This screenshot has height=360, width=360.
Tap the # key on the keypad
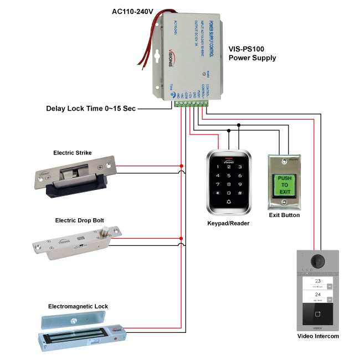click(x=240, y=193)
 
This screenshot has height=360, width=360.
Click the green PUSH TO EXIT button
click(x=284, y=185)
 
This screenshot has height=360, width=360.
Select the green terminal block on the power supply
click(x=192, y=102)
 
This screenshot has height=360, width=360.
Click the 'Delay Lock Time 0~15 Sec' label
click(x=91, y=109)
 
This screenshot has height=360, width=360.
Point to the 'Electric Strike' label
click(x=73, y=153)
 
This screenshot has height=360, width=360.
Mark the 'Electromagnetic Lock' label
click(x=78, y=306)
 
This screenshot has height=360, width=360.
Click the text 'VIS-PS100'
click(x=248, y=49)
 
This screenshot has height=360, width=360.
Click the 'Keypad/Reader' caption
click(x=229, y=223)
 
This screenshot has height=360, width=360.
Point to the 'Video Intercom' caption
click(x=318, y=336)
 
